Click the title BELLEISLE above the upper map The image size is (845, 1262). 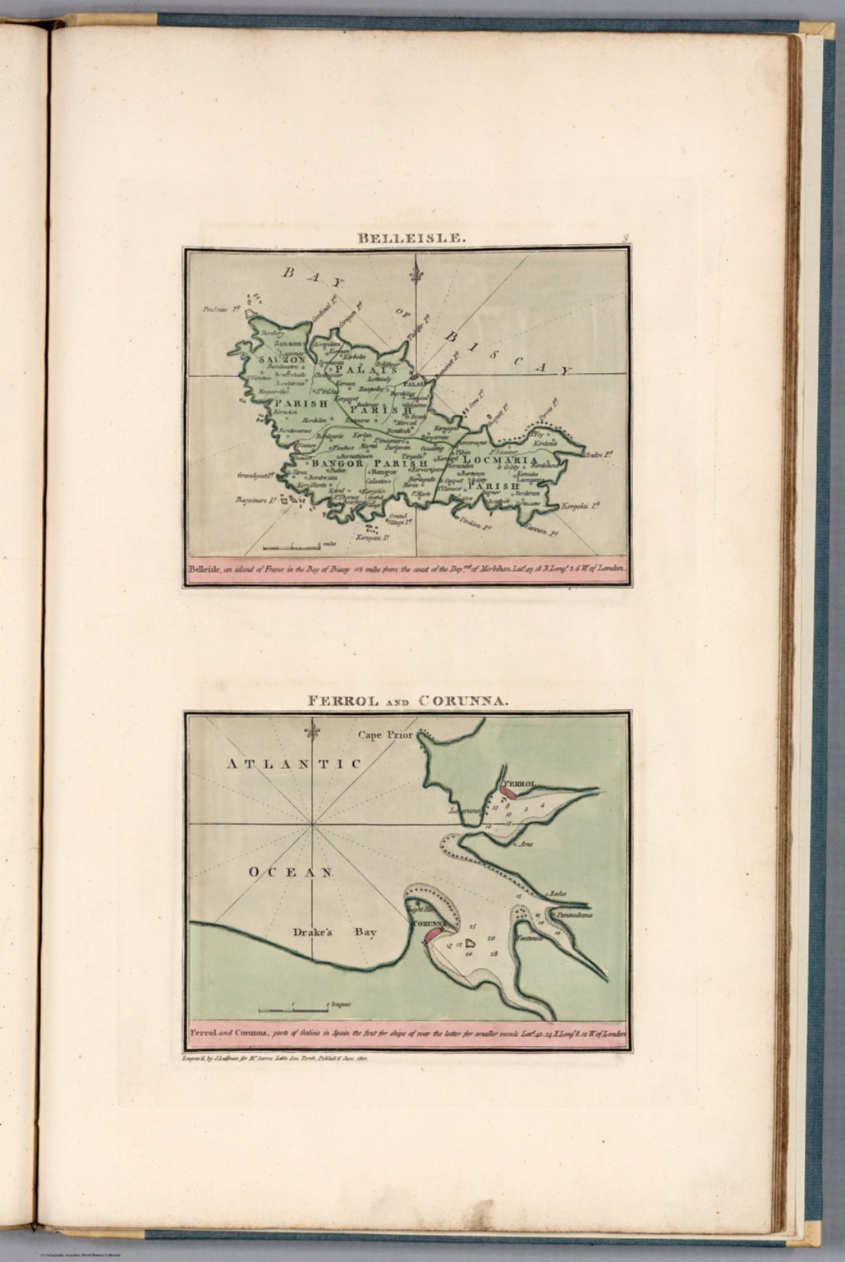(x=411, y=239)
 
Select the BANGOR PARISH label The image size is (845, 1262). (x=369, y=464)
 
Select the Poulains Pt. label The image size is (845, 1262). (x=219, y=310)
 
